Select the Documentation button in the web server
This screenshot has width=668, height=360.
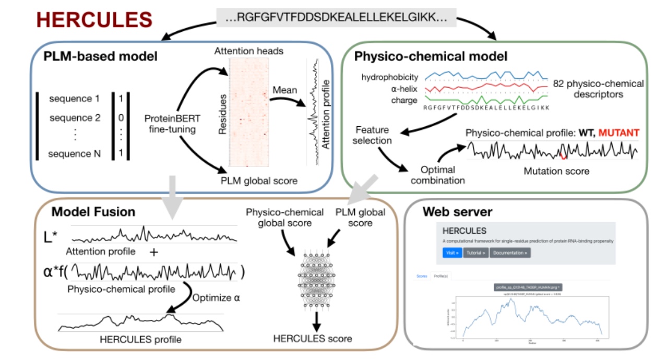(x=509, y=253)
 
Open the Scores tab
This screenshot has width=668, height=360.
(x=422, y=275)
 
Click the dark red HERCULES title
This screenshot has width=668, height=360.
(x=94, y=19)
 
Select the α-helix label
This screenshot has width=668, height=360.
(x=403, y=89)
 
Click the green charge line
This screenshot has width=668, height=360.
(x=485, y=98)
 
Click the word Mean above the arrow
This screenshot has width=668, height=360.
(x=285, y=90)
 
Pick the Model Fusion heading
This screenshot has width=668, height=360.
(x=93, y=211)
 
